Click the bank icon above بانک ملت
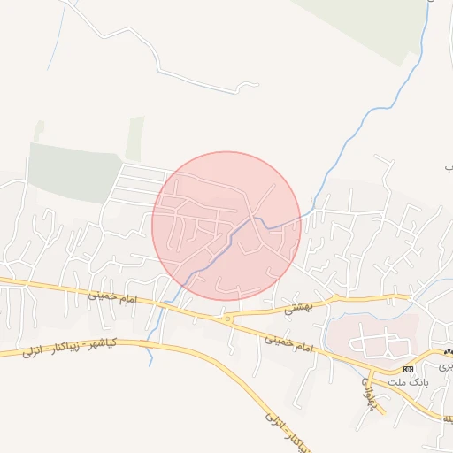(408, 368)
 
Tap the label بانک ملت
(407, 382)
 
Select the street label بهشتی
(299, 308)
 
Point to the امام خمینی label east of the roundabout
(291, 344)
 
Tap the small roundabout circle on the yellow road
(228, 318)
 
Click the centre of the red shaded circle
(226, 226)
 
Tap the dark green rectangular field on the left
(75, 173)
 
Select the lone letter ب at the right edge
(448, 166)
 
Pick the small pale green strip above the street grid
(134, 139)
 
